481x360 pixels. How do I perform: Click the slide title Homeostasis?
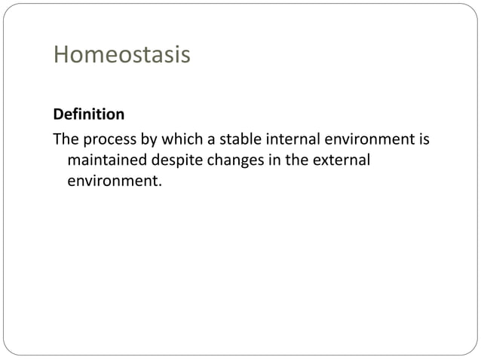[121, 56]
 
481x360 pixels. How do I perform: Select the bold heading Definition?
[88, 115]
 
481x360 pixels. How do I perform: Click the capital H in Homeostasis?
[60, 56]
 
